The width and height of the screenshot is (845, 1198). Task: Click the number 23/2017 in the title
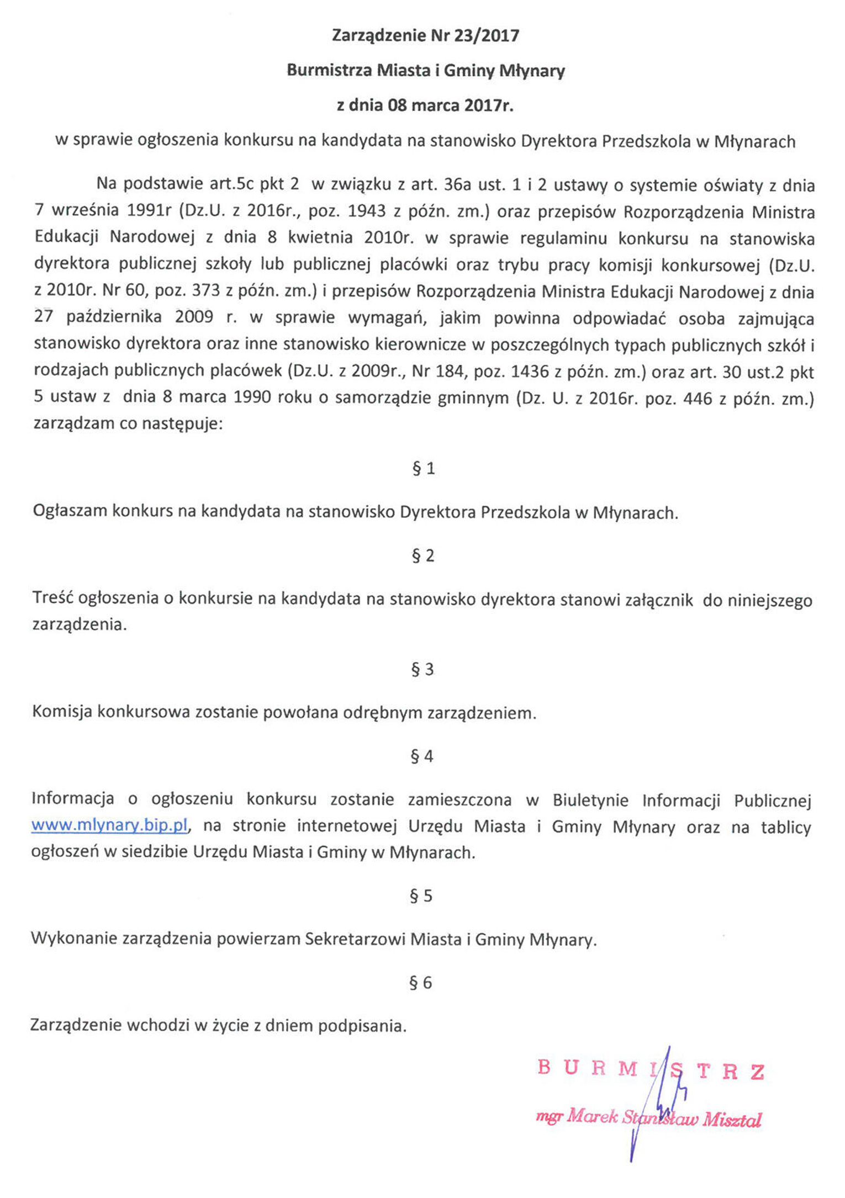tap(487, 36)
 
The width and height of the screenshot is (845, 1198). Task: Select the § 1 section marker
tap(423, 469)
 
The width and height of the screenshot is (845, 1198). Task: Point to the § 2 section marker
tap(423, 556)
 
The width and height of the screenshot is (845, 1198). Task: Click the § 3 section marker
tap(423, 670)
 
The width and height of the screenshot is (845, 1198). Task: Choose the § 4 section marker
tap(422, 756)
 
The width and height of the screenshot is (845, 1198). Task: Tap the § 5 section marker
tap(422, 896)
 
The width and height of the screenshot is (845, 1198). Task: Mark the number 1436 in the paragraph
tap(530, 372)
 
